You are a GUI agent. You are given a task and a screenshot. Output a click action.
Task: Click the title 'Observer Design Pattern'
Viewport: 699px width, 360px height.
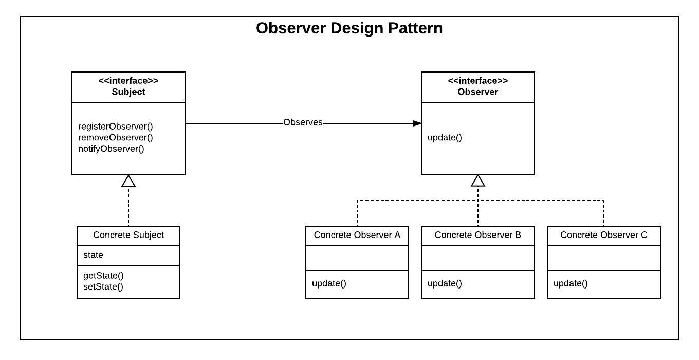click(349, 28)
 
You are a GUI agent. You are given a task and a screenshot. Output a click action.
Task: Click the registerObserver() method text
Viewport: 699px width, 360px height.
click(115, 126)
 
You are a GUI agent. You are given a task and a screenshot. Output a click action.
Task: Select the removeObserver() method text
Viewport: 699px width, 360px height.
click(115, 137)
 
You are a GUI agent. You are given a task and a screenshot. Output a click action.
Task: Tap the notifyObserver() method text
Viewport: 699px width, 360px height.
click(111, 149)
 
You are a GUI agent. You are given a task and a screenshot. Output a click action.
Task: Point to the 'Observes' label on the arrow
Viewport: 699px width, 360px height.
click(303, 122)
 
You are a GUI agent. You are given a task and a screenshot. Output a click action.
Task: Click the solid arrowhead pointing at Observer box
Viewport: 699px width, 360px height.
click(417, 123)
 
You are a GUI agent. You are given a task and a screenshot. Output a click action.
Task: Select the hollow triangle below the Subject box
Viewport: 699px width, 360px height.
click(128, 181)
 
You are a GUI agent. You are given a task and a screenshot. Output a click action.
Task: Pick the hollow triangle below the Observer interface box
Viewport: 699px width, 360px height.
click(478, 181)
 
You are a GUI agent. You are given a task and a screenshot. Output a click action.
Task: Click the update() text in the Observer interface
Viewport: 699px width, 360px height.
click(445, 137)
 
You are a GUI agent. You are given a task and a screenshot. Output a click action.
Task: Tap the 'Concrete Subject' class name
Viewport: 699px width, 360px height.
click(128, 235)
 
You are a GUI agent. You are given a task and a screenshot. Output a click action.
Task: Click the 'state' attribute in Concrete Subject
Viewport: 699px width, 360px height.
click(93, 255)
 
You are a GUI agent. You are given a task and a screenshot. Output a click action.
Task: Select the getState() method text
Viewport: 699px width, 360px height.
click(103, 275)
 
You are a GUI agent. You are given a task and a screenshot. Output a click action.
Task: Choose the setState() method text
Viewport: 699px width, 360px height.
click(103, 286)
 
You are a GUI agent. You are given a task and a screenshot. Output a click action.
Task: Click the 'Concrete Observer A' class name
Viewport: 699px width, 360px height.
click(357, 235)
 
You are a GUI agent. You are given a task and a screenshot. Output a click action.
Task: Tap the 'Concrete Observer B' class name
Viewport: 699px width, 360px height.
click(477, 235)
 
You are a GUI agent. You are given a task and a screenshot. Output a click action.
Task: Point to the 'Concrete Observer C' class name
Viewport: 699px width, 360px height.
click(603, 235)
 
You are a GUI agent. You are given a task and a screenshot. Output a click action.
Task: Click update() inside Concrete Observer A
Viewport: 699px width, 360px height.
click(329, 283)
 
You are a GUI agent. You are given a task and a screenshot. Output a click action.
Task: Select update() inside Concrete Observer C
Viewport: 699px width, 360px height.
click(571, 283)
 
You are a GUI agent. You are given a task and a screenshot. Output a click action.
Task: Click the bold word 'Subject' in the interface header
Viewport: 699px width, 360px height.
click(128, 92)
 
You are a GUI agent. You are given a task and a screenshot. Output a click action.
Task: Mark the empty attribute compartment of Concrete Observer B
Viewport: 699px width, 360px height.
click(478, 258)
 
